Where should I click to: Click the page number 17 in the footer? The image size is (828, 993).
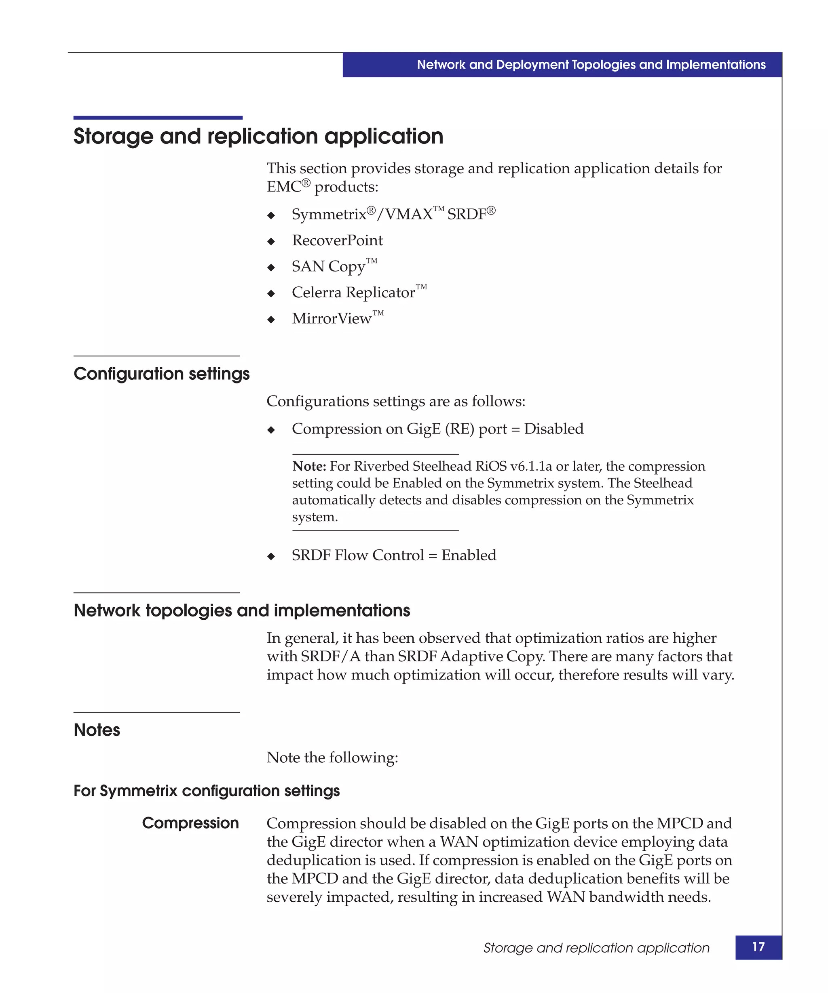click(758, 947)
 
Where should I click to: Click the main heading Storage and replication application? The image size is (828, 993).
click(258, 137)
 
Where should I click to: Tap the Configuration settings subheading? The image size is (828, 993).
click(161, 374)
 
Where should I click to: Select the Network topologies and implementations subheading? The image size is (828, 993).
click(242, 610)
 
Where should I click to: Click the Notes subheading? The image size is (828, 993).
click(97, 730)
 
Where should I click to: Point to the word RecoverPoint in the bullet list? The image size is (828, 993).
click(337, 240)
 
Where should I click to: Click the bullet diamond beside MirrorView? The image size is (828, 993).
click(271, 320)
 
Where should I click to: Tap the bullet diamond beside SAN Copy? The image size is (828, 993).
click(271, 267)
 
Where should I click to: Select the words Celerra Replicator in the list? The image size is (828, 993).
click(353, 293)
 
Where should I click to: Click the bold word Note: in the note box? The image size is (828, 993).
click(309, 466)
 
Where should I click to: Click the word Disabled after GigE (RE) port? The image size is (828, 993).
click(553, 429)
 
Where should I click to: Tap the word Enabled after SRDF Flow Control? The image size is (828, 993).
click(469, 555)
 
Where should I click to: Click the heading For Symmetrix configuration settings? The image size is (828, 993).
click(207, 791)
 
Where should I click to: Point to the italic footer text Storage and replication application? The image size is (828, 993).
click(596, 948)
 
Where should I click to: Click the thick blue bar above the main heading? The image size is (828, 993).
click(158, 118)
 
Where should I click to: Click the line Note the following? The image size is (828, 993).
click(332, 757)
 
